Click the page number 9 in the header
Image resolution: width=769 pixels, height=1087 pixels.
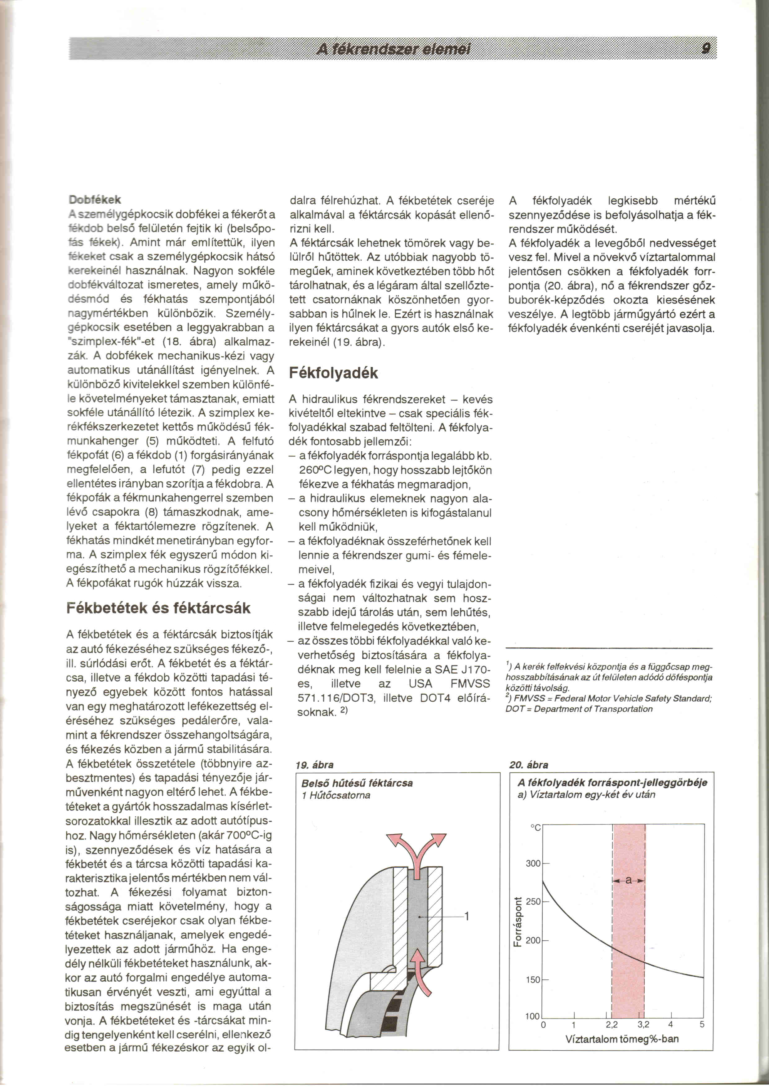click(706, 48)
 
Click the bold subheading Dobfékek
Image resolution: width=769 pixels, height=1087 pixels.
click(94, 199)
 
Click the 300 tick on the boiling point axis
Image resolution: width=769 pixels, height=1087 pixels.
click(533, 864)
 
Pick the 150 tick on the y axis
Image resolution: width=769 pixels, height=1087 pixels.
click(533, 979)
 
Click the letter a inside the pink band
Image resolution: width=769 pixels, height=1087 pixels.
click(628, 881)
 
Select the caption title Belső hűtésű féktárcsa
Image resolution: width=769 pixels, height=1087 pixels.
click(357, 783)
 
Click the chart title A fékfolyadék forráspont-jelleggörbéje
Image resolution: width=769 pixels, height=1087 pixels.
click(612, 783)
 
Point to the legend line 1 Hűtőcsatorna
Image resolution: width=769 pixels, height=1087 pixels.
click(336, 795)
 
